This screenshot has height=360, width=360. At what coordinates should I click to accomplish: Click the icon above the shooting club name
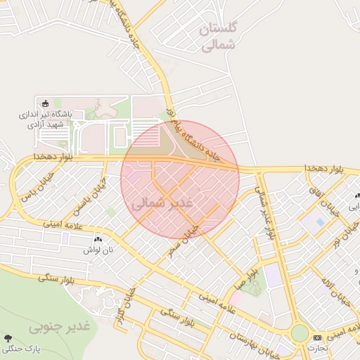point(46,103)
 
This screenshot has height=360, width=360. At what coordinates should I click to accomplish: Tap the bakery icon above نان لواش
point(98,240)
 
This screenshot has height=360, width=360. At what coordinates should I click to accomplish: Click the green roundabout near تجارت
point(300,333)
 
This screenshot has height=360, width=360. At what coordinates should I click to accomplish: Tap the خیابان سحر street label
point(184,239)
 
